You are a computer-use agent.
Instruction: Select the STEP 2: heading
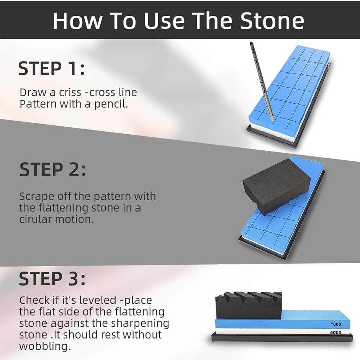[53, 169]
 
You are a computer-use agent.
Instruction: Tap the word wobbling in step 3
[45, 347]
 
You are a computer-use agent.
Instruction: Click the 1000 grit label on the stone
[335, 324]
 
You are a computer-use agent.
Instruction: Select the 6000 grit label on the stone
[335, 332]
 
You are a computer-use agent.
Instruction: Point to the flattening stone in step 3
[249, 306]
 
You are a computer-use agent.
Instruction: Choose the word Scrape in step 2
[36, 197]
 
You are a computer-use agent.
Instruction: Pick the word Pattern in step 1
[38, 104]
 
